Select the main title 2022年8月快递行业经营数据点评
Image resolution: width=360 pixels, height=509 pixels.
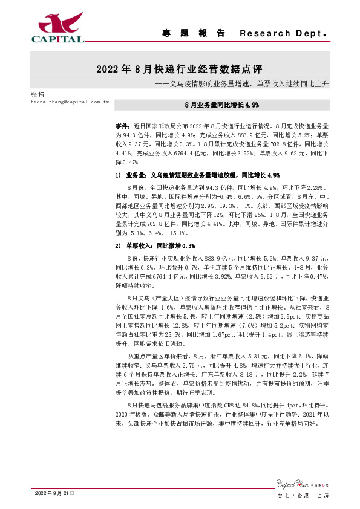pos(179,69)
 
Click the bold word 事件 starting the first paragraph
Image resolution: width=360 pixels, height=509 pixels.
pos(121,123)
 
